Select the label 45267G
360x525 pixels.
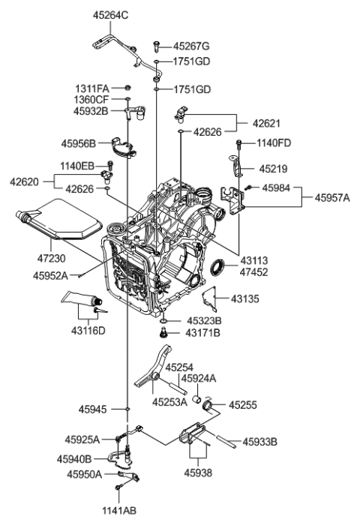tap(191, 46)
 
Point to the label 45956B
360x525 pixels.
tap(79, 140)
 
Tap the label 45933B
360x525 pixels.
tap(260, 442)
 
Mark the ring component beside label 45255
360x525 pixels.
tap(209, 406)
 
